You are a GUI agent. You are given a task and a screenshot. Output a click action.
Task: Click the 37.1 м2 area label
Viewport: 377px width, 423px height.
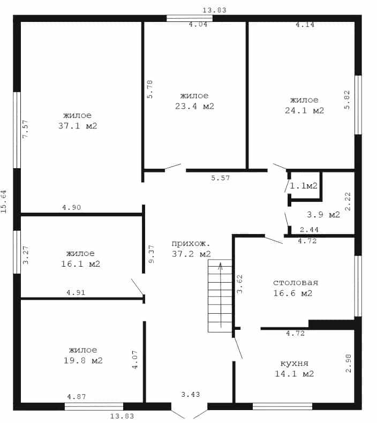(78, 126)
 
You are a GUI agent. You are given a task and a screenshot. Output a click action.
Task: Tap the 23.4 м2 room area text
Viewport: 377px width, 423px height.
(194, 106)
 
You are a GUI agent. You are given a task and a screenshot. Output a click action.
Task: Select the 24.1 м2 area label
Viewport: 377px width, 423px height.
(304, 110)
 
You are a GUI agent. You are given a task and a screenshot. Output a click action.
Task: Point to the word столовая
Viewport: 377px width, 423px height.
(296, 283)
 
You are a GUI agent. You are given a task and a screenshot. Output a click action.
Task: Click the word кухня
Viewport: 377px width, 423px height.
(295, 363)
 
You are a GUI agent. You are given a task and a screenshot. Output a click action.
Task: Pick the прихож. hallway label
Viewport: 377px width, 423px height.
(191, 243)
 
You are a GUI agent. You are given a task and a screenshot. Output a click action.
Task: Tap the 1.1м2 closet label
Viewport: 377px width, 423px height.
(304, 185)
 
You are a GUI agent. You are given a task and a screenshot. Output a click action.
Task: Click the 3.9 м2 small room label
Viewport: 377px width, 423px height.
(323, 215)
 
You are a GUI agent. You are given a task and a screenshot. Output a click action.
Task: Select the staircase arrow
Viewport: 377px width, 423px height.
(221, 295)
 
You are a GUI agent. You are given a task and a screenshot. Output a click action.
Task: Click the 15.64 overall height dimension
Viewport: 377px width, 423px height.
(4, 201)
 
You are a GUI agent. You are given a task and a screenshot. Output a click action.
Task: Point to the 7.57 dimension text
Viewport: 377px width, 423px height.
(25, 129)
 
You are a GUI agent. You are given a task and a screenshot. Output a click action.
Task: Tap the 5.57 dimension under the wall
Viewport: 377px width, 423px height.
(221, 178)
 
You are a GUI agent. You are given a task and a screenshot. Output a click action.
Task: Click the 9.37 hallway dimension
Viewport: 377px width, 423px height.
(152, 254)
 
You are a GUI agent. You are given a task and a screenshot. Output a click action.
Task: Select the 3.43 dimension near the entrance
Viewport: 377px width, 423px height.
(191, 395)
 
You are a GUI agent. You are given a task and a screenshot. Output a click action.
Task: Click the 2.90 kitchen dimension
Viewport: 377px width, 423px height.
(349, 363)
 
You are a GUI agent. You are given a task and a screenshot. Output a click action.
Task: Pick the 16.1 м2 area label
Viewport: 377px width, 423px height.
(80, 263)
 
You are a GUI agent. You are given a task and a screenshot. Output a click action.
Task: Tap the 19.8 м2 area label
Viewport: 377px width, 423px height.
(83, 360)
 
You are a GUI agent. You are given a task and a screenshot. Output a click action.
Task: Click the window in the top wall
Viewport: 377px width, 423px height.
(190, 18)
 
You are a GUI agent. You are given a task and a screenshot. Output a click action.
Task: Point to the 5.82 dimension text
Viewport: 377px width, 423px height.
(347, 100)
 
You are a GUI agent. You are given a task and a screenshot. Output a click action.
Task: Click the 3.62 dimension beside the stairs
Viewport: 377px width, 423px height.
(239, 284)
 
